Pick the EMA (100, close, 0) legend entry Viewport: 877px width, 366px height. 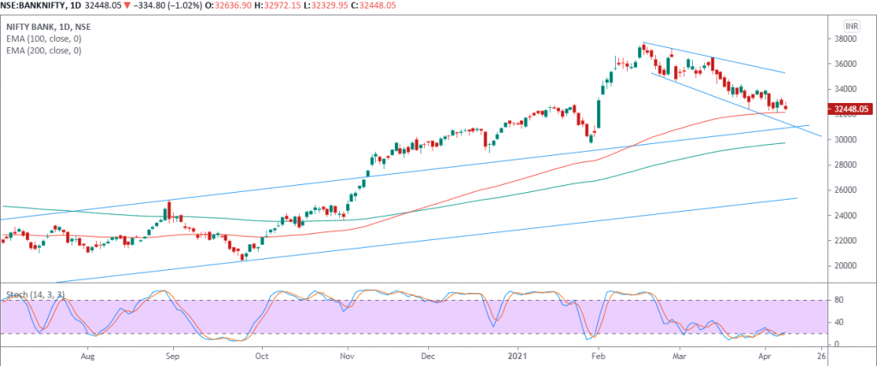45,39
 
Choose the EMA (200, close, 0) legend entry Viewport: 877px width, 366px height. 45,51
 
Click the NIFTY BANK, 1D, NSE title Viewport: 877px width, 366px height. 48,27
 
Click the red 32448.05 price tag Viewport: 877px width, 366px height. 850,109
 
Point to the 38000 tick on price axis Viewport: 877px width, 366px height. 847,39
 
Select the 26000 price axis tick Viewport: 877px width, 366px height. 847,189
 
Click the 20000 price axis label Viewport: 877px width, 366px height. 847,265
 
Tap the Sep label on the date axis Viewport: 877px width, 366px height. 172,353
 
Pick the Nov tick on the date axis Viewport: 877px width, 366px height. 346,353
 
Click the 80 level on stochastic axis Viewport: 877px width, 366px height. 839,300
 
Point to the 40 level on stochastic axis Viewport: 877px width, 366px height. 839,322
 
